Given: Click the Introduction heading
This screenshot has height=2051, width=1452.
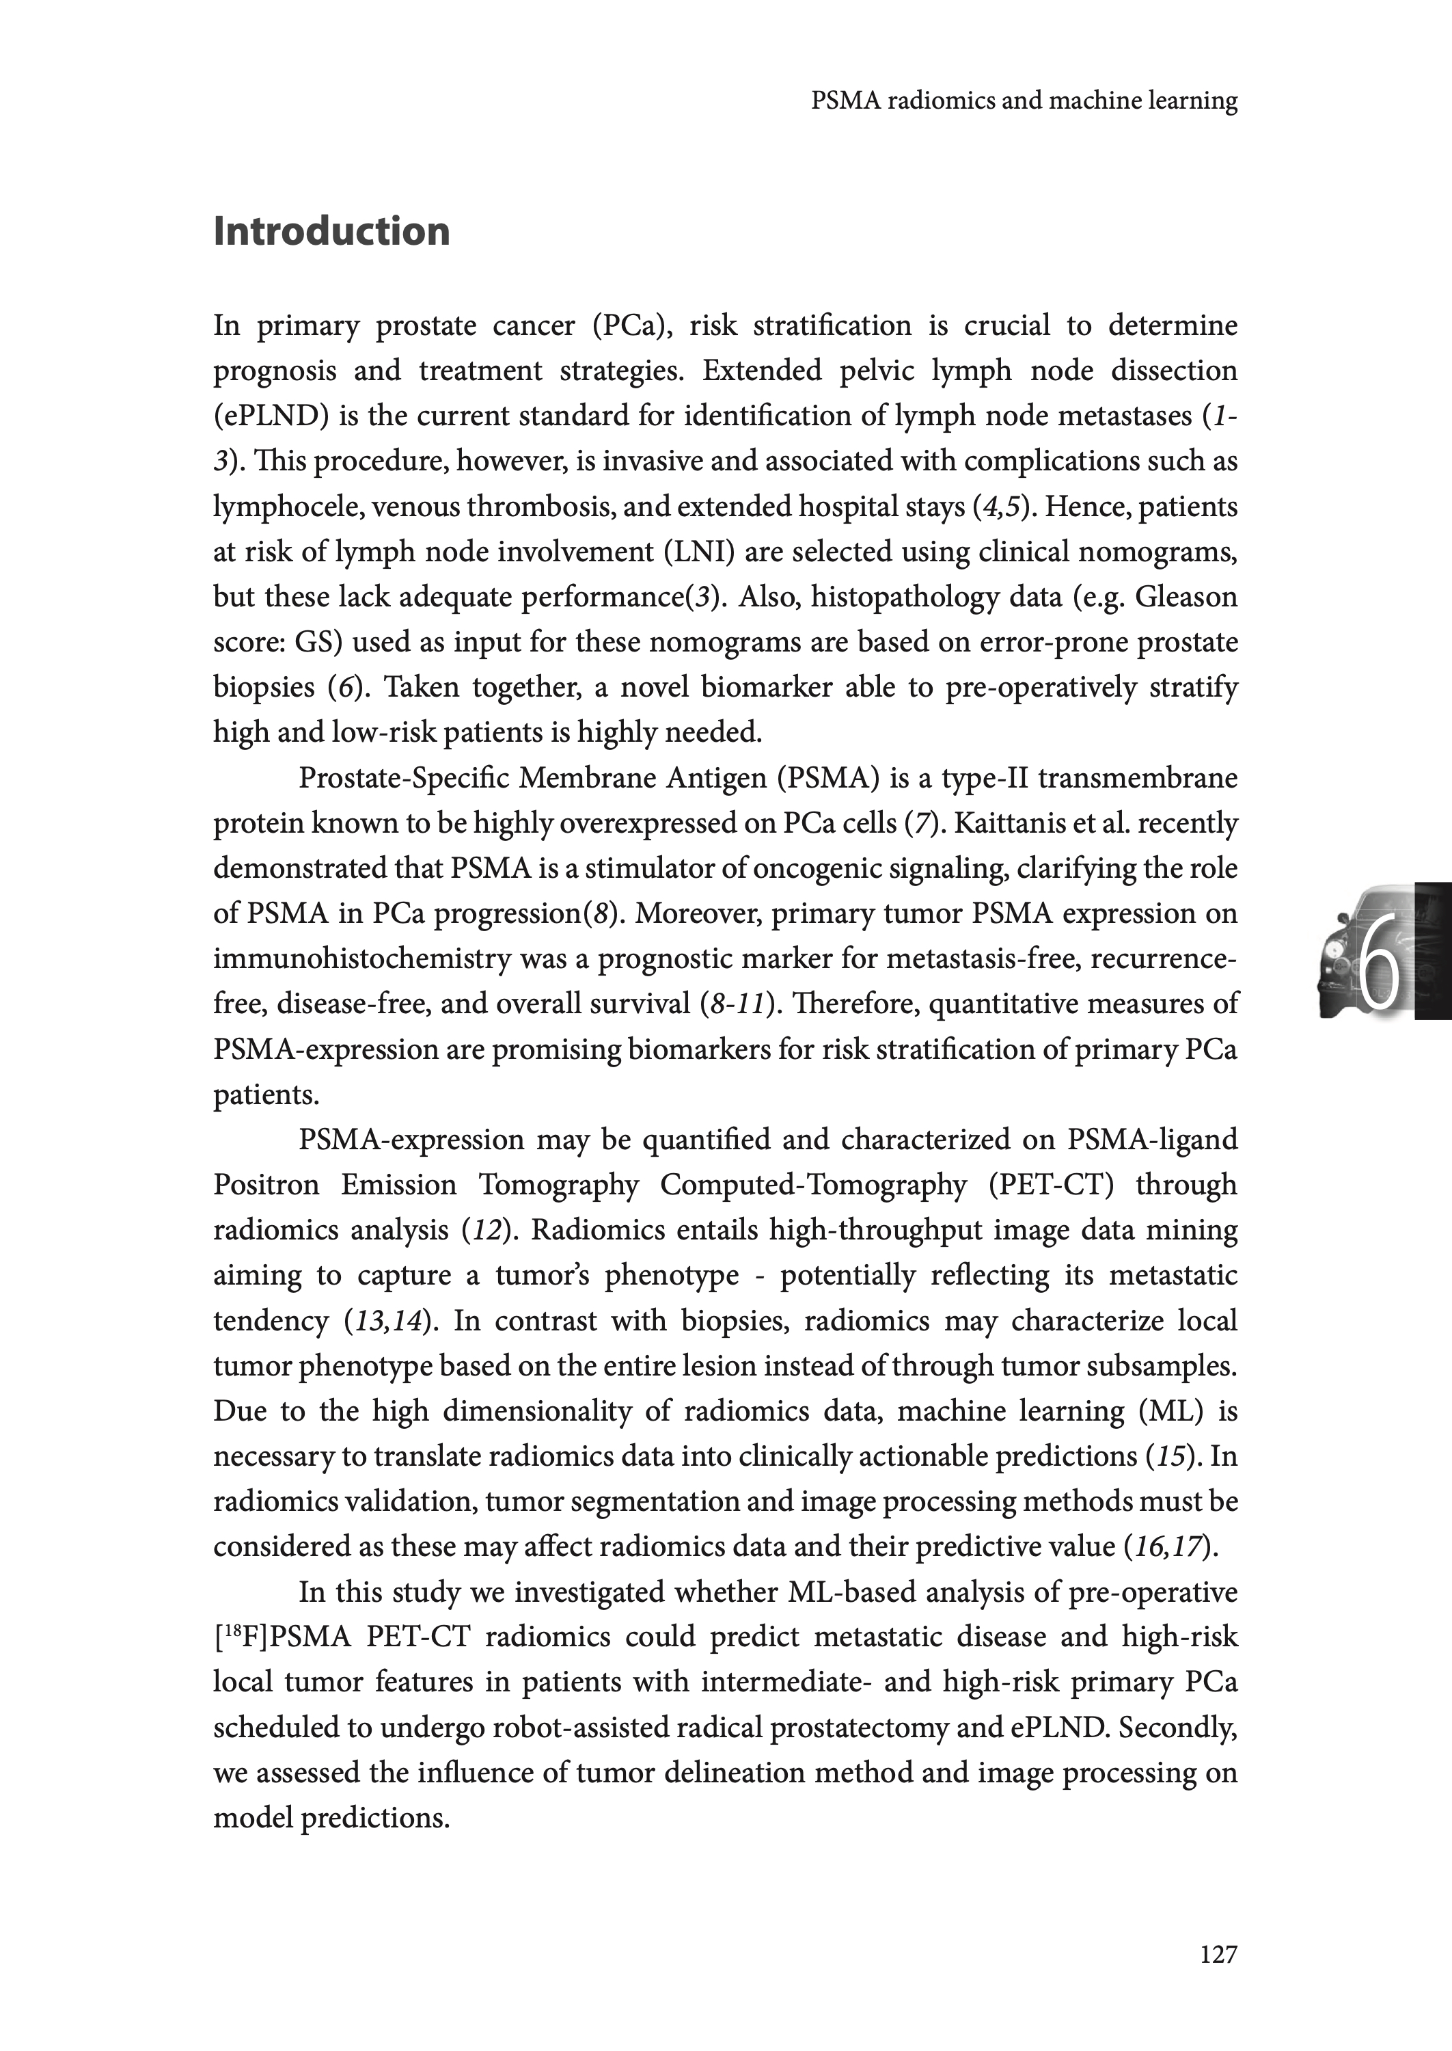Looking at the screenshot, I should point(331,232).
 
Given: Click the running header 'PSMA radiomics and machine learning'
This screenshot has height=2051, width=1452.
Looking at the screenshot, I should point(1024,101).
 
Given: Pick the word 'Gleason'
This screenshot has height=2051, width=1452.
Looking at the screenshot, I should point(1186,598).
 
